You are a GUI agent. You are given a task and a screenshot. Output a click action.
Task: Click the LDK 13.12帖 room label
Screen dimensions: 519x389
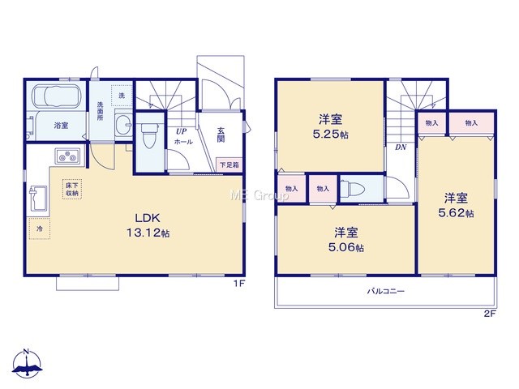click(x=148, y=225)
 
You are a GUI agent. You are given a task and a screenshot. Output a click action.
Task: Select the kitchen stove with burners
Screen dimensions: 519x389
click(x=68, y=156)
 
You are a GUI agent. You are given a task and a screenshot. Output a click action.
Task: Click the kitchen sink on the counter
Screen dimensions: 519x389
click(x=38, y=198)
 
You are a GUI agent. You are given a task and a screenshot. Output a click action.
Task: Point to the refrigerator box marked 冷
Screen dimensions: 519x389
click(x=40, y=229)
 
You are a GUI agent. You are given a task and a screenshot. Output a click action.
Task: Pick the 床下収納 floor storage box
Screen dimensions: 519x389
click(x=72, y=190)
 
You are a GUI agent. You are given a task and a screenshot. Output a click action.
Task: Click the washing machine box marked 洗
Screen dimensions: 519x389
click(x=122, y=96)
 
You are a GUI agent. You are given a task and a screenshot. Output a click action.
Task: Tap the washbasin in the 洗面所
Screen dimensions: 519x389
click(x=124, y=125)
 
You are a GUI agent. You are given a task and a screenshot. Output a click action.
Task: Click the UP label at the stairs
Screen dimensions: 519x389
click(x=181, y=131)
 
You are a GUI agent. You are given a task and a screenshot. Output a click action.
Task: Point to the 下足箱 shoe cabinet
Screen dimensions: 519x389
click(x=229, y=165)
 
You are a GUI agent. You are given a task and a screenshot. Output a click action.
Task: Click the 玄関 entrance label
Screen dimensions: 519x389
click(x=221, y=135)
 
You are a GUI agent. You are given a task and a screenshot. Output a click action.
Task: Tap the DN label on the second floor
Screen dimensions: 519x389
click(x=401, y=147)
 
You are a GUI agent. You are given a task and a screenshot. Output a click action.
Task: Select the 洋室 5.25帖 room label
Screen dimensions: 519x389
click(x=330, y=126)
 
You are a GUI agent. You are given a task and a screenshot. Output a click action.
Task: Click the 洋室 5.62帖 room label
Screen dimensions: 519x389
click(x=456, y=205)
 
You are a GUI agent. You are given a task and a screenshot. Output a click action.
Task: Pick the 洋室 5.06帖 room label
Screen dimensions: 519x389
click(x=346, y=240)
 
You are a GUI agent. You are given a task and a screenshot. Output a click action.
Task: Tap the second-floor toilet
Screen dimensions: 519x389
click(x=353, y=189)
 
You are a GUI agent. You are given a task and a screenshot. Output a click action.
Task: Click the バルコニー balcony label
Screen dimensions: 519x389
click(x=385, y=292)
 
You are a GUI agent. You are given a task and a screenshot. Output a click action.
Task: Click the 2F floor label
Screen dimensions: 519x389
click(x=490, y=314)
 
